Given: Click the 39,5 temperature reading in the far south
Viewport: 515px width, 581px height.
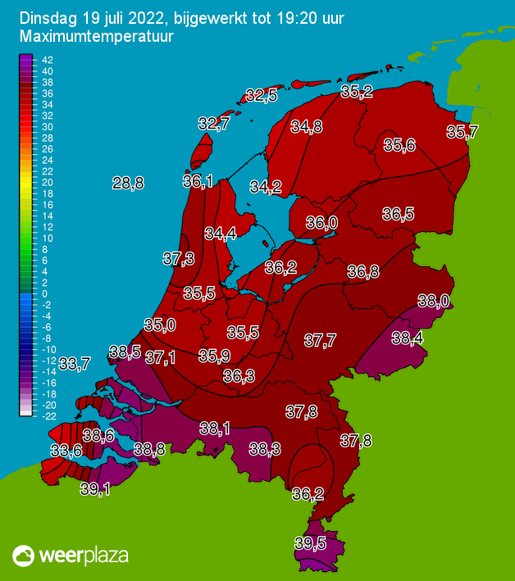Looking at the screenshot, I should coord(310,542).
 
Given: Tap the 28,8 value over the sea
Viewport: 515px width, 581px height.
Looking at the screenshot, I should coord(128,184).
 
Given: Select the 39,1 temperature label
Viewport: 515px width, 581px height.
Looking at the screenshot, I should coord(95,489).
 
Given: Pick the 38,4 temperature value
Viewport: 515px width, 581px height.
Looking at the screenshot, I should coord(408,337).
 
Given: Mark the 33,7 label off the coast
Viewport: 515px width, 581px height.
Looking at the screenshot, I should coord(75,363).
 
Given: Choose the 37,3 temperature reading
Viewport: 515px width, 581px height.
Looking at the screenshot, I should coord(178,259).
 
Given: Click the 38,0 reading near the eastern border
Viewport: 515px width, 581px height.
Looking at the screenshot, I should coord(434,301).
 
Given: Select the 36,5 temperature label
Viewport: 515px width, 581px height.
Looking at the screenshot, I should coord(398,214).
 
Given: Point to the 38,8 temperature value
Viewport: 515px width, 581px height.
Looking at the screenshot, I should coord(149,448).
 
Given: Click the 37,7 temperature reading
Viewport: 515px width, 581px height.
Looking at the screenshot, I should coord(320,340).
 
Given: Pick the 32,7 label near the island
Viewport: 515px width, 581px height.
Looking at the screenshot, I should coord(213,124).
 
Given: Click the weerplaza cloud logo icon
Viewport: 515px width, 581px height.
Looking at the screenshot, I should coord(26,556).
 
